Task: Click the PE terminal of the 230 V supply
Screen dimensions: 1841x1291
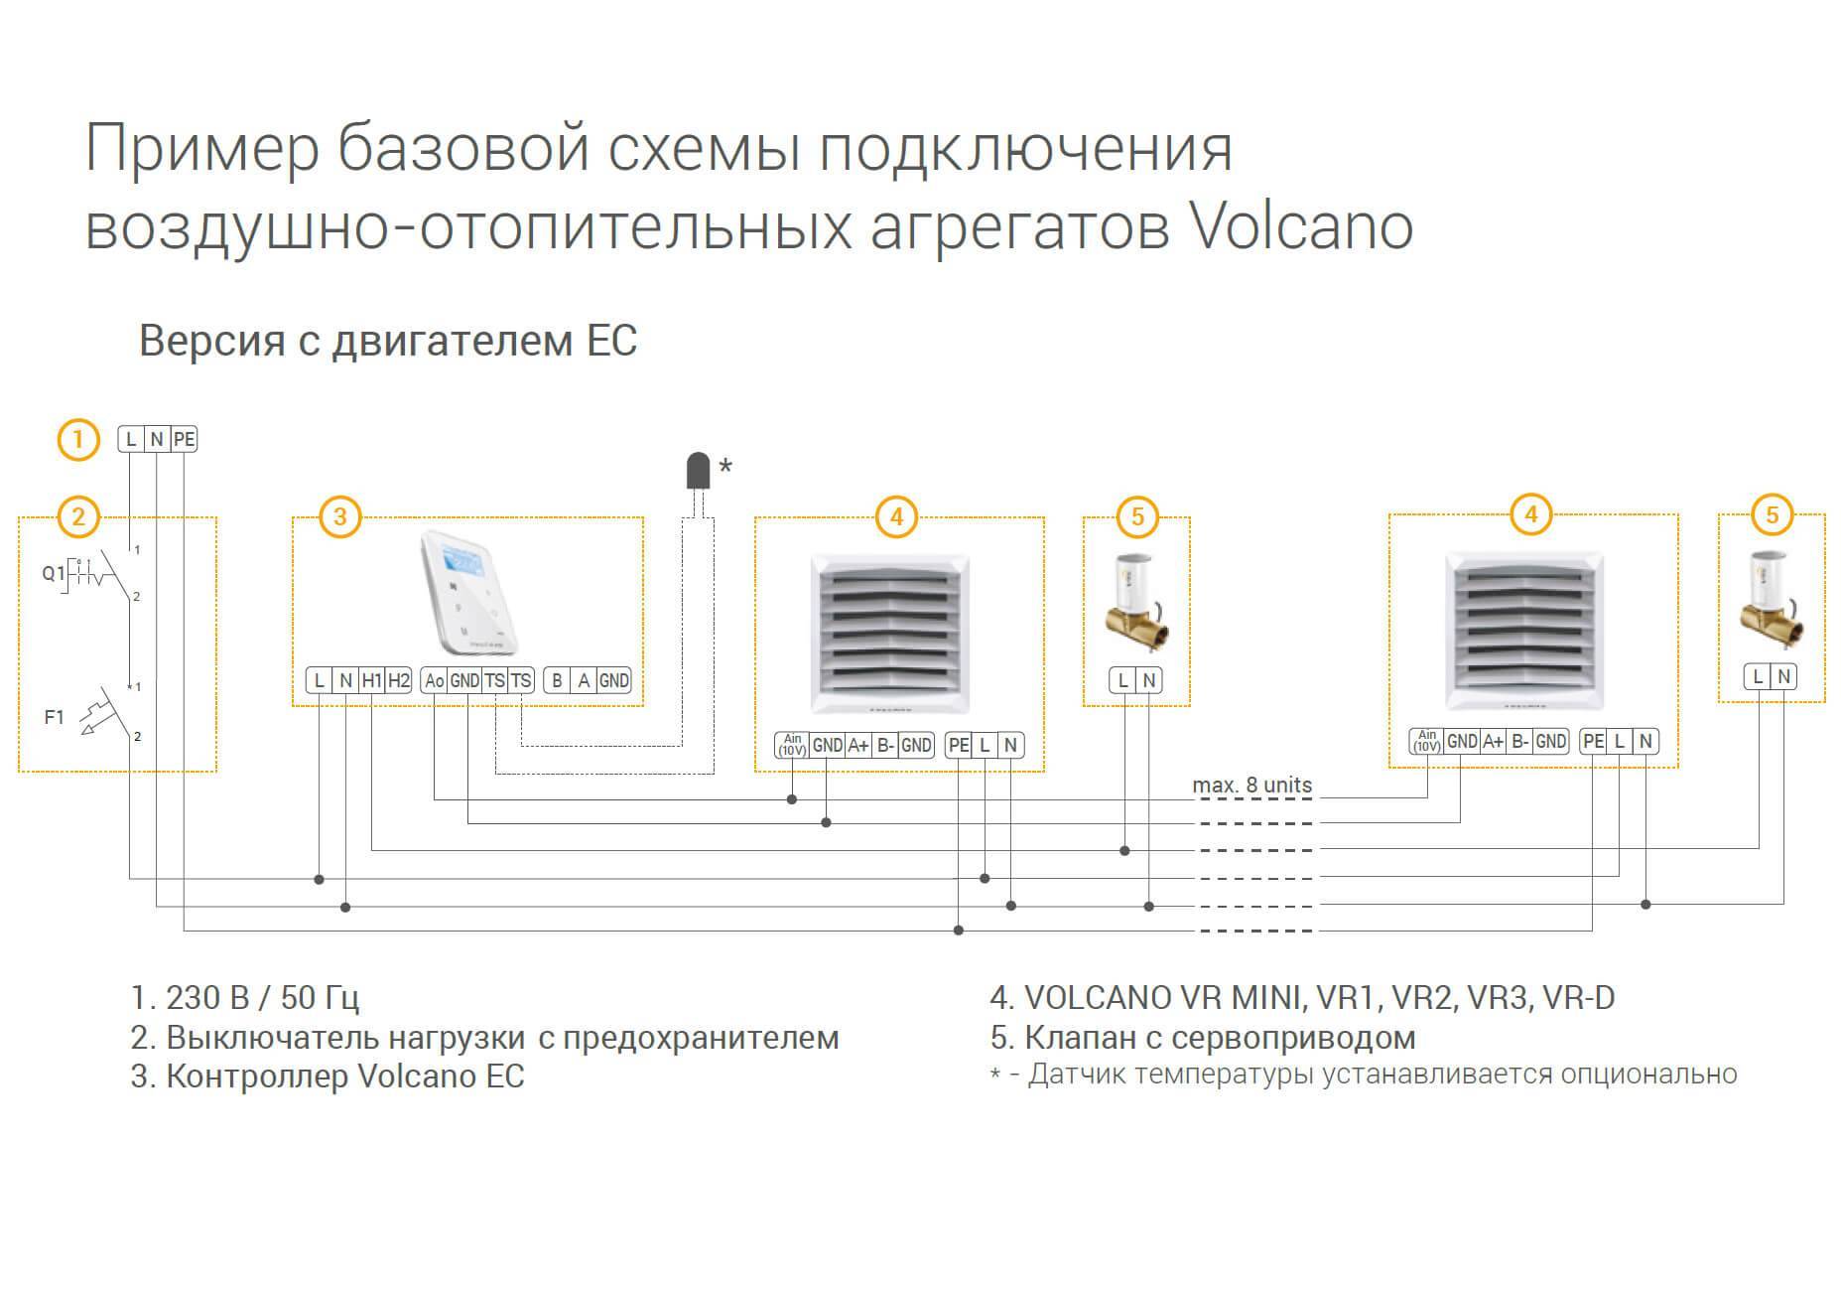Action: [x=184, y=439]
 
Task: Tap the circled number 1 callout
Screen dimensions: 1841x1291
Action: [x=78, y=440]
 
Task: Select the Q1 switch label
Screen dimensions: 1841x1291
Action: [x=53, y=573]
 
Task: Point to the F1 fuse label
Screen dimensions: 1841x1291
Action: [x=54, y=716]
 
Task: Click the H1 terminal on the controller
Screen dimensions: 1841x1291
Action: [x=371, y=680]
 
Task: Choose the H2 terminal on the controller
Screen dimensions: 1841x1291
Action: [x=398, y=680]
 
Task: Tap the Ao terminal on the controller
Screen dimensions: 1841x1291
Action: [x=434, y=680]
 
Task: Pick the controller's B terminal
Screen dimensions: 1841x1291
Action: [x=557, y=680]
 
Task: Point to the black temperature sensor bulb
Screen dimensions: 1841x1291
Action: [x=699, y=471]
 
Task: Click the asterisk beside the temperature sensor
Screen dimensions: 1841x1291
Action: [x=725, y=465]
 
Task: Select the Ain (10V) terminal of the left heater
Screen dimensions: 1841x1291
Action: [x=792, y=745]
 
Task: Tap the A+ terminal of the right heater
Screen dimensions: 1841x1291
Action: [x=1492, y=741]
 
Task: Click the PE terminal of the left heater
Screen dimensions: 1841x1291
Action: [x=958, y=745]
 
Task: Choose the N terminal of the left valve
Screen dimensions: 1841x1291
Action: [x=1149, y=680]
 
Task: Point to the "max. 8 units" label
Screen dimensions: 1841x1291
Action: [x=1251, y=785]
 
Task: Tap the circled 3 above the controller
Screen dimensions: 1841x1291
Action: [x=340, y=516]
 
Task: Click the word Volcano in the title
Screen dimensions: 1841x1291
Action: [x=1301, y=226]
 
